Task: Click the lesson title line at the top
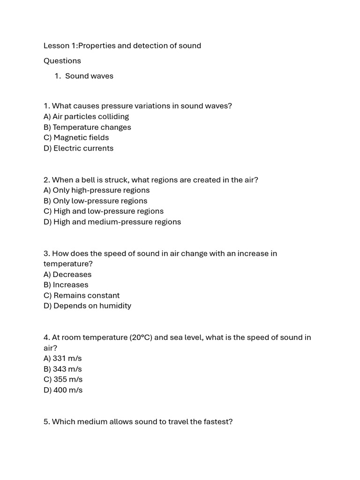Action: pos(122,45)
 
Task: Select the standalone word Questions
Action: pos(62,60)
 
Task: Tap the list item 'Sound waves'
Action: pos(89,76)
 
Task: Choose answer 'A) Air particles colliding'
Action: pos(86,116)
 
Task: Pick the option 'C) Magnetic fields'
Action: pos(76,137)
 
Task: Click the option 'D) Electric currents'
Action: pos(78,148)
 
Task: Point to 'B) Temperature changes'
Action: pos(87,127)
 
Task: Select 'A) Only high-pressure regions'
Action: pos(97,190)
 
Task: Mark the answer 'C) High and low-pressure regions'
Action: pos(104,211)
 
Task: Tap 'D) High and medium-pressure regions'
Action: pos(112,222)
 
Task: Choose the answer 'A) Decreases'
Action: pos(67,274)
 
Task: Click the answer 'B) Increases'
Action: pos(66,285)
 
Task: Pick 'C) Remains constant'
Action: pos(82,295)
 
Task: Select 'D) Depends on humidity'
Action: pos(87,306)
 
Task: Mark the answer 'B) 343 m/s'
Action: pos(63,369)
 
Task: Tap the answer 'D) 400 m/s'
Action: pos(63,390)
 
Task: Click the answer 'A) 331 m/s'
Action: pos(62,358)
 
